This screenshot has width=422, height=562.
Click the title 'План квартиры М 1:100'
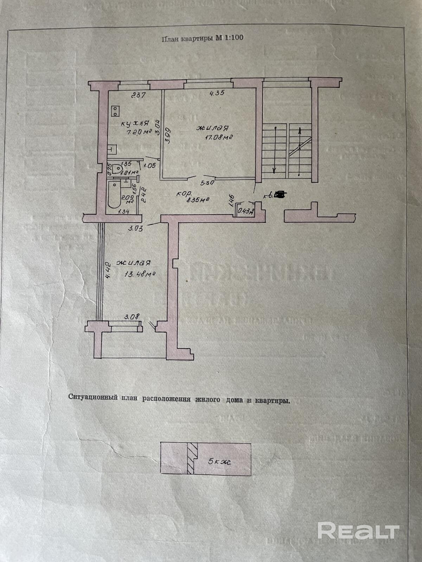pyautogui.click(x=202, y=38)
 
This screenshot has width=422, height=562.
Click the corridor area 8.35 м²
pyautogui.click(x=198, y=200)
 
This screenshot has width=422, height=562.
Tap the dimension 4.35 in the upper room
pyautogui.click(x=217, y=93)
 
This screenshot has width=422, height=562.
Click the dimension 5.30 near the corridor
pyautogui.click(x=206, y=183)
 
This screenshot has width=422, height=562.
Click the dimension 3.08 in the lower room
pyautogui.click(x=132, y=316)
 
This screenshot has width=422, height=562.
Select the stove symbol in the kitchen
pyautogui.click(x=115, y=111)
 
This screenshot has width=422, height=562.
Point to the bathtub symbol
pyautogui.click(x=113, y=195)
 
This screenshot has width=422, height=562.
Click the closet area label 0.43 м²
pyautogui.click(x=246, y=211)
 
